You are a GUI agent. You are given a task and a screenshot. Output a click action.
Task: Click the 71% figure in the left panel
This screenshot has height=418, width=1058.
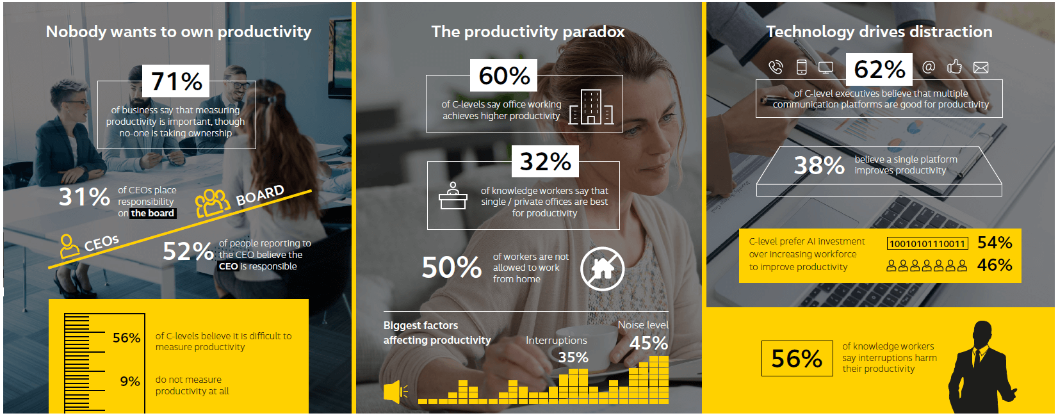coord(177,81)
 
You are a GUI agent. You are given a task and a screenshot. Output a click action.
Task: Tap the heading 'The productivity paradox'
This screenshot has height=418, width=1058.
coord(528,31)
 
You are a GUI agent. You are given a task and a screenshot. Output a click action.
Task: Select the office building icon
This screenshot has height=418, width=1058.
coord(591,107)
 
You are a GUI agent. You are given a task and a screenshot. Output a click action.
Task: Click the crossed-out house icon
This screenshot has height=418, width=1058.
coord(602,269)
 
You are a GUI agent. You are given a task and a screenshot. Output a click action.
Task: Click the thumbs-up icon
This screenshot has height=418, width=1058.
coord(954,67)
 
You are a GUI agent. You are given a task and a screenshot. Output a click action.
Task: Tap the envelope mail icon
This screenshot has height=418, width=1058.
coord(981,68)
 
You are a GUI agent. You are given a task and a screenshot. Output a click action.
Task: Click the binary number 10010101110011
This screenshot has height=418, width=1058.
coord(927,244)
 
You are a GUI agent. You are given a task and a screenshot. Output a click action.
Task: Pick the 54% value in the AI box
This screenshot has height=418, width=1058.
coord(994,243)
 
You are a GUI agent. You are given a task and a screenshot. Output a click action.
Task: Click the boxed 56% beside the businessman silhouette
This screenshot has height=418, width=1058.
coord(797,358)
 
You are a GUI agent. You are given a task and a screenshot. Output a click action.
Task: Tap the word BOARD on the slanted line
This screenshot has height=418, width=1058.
coord(260,195)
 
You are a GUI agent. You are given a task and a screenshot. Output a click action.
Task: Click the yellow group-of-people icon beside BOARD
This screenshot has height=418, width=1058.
coord(213,203)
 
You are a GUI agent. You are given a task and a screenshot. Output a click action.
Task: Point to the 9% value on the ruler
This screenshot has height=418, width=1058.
coord(130,381)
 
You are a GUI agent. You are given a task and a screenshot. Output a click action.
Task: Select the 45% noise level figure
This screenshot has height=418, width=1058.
coord(649,343)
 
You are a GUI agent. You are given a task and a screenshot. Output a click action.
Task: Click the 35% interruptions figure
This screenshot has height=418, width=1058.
coord(573,358)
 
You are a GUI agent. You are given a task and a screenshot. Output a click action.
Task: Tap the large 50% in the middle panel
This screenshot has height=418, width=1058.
coord(452,268)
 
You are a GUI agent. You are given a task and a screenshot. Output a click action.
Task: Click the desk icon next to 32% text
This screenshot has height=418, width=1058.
coord(453,196)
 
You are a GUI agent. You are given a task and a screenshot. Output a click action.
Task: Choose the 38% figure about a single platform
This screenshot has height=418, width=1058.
coord(819,165)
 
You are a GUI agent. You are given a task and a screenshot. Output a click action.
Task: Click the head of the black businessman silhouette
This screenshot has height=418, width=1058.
coord(984,334)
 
